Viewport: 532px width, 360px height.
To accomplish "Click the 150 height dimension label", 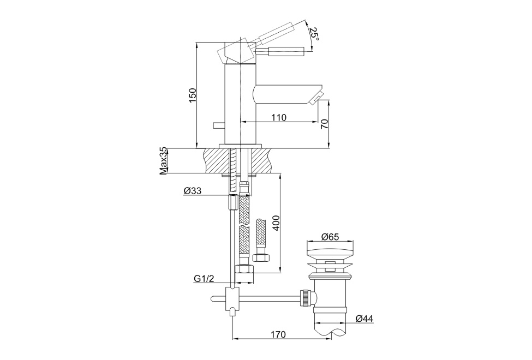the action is point(193,95).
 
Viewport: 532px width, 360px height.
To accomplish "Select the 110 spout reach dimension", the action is point(279,117).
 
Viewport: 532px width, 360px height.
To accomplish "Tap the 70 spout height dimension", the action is point(325,124).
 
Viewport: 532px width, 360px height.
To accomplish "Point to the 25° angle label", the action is point(314,34).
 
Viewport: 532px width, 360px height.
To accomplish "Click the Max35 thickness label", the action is point(164,161).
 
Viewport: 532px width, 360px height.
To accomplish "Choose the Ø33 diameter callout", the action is point(193,191).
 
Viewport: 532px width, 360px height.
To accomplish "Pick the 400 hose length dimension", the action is point(276,223).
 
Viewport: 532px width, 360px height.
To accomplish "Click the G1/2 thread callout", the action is point(204,279).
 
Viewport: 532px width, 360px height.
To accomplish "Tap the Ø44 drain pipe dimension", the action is point(364,319).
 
